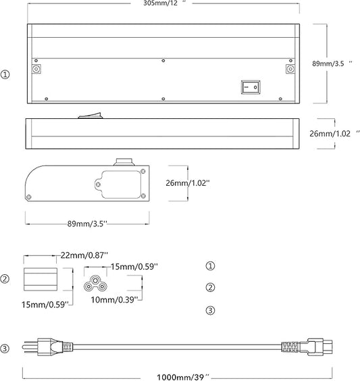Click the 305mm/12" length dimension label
164,3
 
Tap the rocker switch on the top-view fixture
251,87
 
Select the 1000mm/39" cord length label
182,377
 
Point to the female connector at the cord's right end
307,347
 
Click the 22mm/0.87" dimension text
84,255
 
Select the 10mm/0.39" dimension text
114,300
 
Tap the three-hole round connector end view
95,284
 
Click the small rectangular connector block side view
41,279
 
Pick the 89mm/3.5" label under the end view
87,224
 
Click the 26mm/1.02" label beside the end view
188,182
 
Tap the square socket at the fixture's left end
36,69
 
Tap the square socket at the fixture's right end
290,69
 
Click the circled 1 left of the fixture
5,74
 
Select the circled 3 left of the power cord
5,349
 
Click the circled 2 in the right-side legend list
210,288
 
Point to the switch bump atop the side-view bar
90,116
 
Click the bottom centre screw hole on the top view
163,99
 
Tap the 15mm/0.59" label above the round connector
134,267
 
